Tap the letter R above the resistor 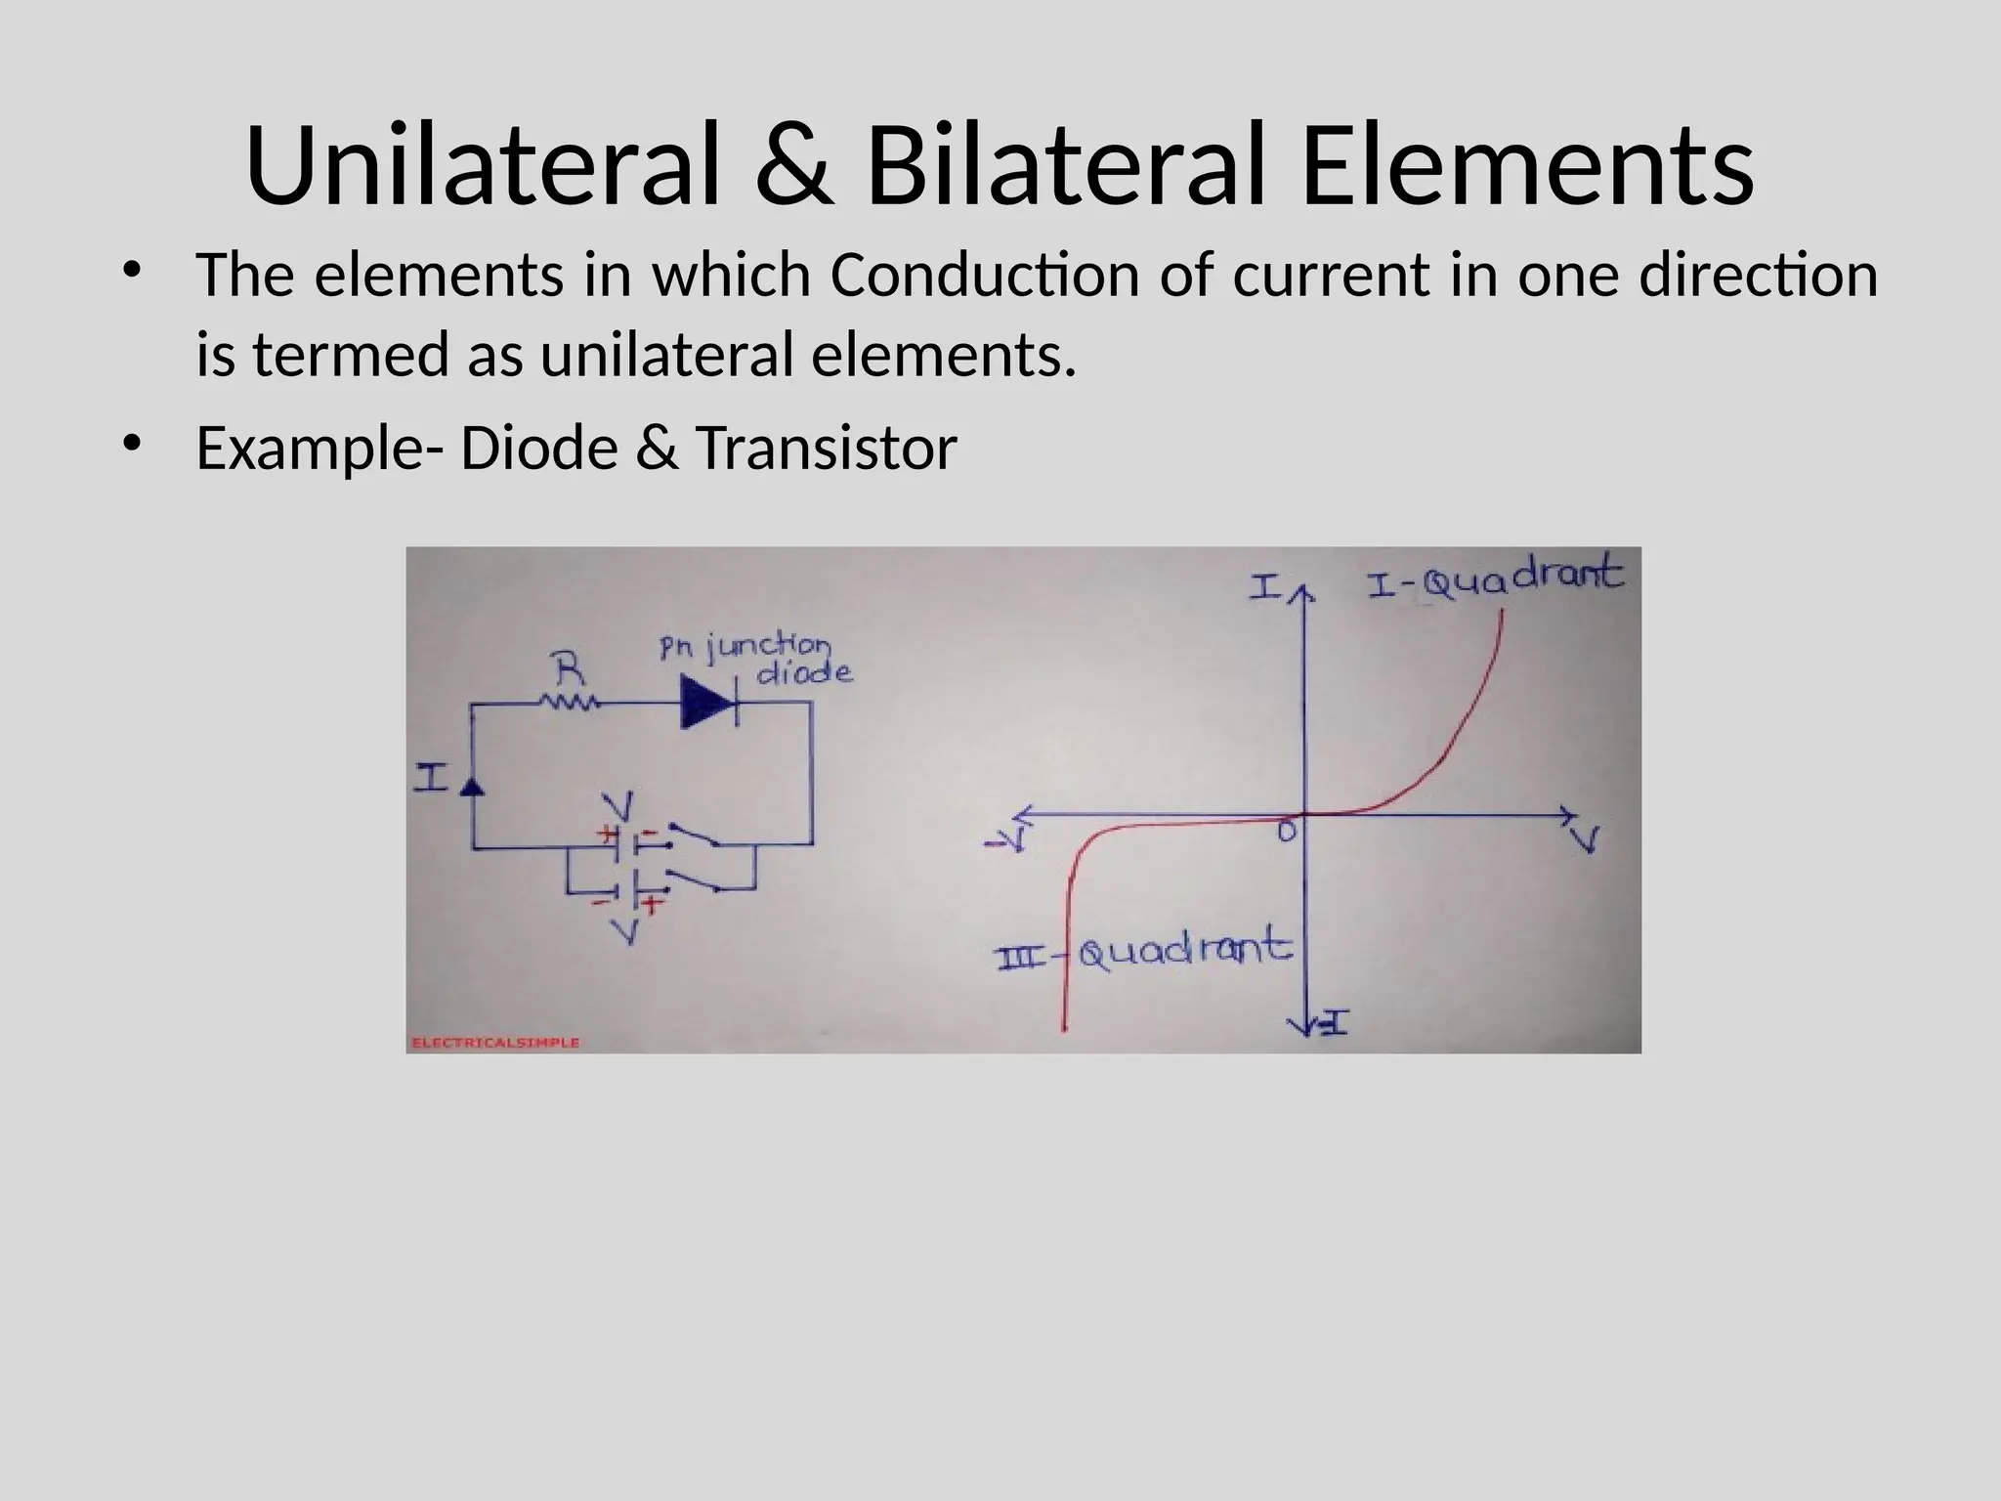click(571, 671)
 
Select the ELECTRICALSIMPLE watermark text click(496, 1043)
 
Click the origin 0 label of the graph click(1288, 832)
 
